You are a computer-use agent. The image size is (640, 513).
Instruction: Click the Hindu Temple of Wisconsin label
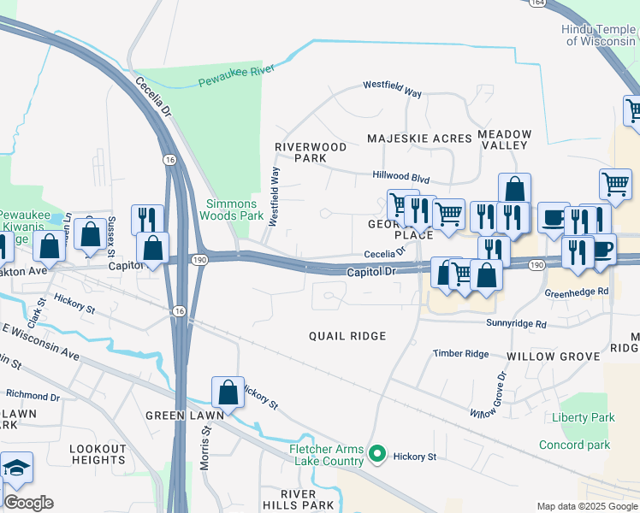click(x=599, y=35)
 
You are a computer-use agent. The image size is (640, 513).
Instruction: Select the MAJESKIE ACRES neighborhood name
click(x=419, y=139)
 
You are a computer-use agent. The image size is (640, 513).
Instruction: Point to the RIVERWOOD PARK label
click(x=310, y=152)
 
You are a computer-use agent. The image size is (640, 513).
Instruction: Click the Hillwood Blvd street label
click(x=400, y=176)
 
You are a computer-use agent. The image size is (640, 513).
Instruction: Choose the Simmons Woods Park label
click(x=232, y=209)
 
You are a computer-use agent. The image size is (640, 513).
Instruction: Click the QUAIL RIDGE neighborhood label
click(x=347, y=337)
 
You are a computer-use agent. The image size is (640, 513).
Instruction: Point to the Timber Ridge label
click(x=460, y=354)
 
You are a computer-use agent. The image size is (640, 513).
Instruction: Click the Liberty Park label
click(x=584, y=418)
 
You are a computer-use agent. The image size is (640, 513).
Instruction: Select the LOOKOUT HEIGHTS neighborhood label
click(x=98, y=454)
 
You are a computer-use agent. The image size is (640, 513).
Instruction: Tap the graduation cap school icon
click(x=16, y=469)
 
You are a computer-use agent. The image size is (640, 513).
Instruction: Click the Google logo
click(x=27, y=503)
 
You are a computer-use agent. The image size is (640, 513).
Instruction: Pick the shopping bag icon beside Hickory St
click(x=228, y=392)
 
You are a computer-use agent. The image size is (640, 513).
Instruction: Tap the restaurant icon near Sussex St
click(x=148, y=219)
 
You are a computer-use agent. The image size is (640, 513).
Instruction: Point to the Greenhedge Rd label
click(x=577, y=292)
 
